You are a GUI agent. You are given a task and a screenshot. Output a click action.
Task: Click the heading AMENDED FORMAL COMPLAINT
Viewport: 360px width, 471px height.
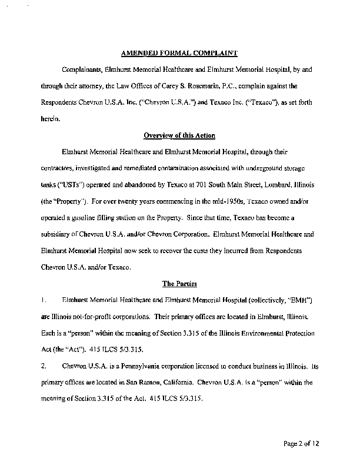pyautogui.click(x=179, y=53)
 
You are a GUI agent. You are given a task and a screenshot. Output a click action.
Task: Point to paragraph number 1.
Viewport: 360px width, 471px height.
pyautogui.click(x=44, y=299)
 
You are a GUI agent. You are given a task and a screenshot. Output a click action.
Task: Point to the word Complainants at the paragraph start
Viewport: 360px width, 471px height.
pyautogui.click(x=87, y=69)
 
